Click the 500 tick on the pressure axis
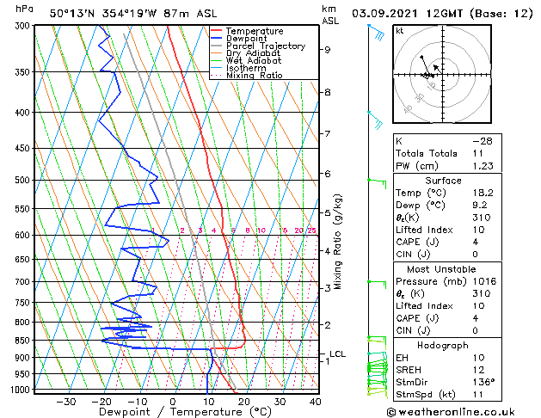coord(23,180)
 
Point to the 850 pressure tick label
coord(23,340)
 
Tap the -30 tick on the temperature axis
coord(65,401)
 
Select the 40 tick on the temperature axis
coord(315,401)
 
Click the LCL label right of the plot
coord(337,353)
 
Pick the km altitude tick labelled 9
coord(327,50)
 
